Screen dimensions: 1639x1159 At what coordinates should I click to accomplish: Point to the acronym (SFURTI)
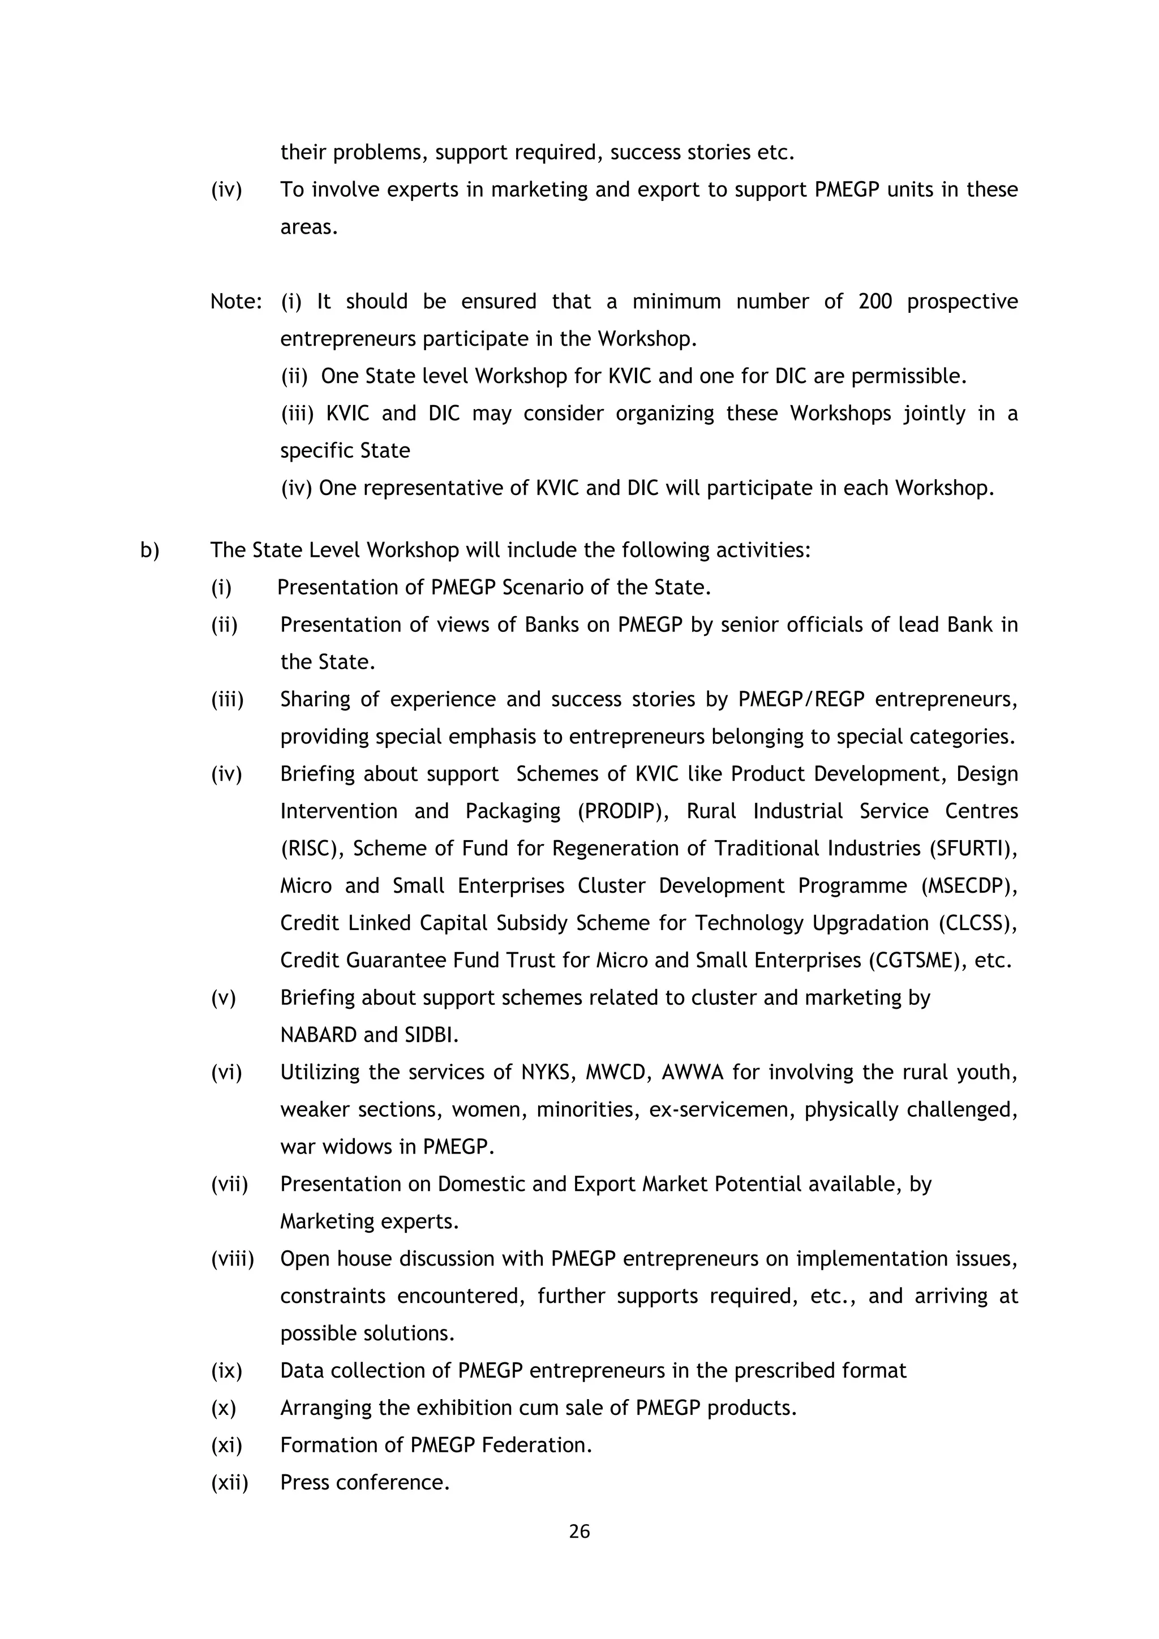(x=973, y=849)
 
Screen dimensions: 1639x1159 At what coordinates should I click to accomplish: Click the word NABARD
(x=319, y=1035)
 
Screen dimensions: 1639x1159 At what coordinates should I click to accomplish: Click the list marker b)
(x=150, y=550)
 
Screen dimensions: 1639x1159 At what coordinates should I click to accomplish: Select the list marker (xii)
(x=229, y=1483)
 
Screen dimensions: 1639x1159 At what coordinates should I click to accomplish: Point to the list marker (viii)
(x=232, y=1258)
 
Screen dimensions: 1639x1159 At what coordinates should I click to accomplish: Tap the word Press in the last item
(x=305, y=1483)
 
